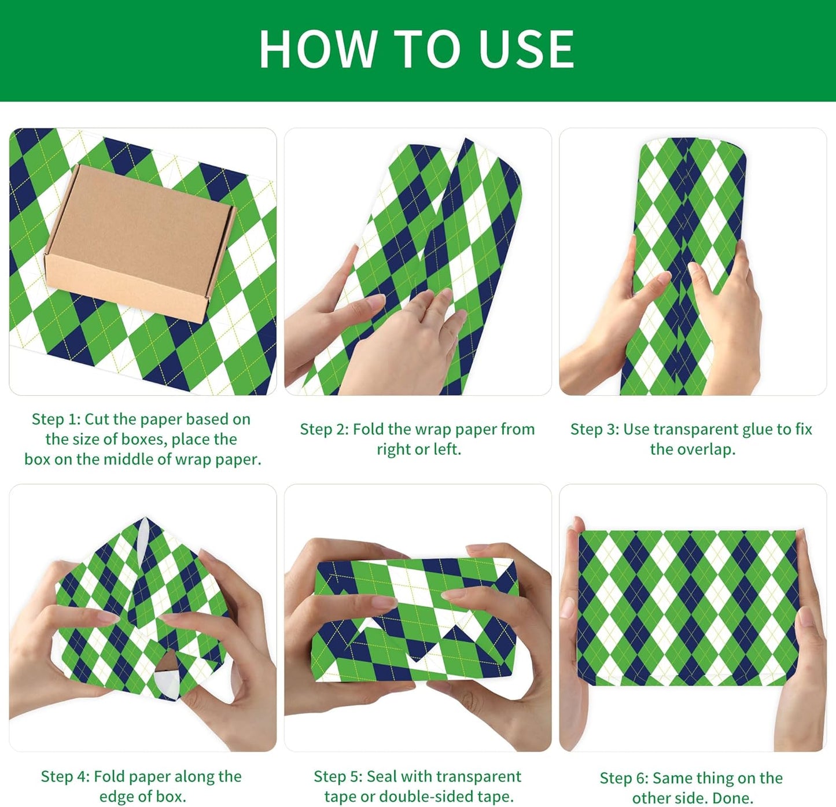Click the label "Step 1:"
pos(56,419)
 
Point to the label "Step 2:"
pos(324,429)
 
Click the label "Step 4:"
pos(65,776)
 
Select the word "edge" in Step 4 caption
pos(118,797)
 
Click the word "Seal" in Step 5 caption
pos(382,776)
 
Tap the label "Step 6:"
pos(624,778)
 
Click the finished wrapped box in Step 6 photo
pos(688,607)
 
